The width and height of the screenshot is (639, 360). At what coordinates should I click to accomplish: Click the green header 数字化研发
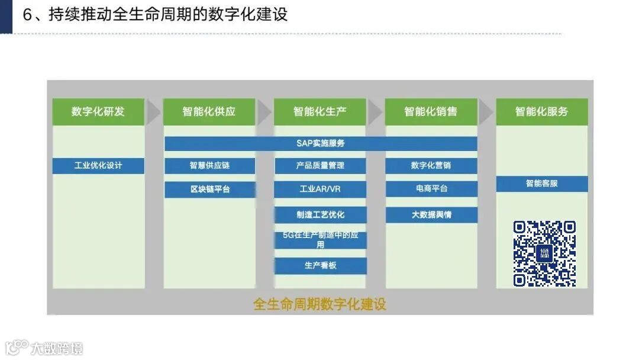coord(98,111)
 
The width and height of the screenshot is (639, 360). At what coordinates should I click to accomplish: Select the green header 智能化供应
coord(209,111)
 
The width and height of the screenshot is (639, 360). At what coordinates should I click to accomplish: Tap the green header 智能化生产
coord(320,111)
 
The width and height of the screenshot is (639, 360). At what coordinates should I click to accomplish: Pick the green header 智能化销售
coord(431,111)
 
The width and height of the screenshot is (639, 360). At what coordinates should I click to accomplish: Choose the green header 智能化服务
coord(541,111)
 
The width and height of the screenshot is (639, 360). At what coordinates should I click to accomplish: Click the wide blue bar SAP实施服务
coord(321,143)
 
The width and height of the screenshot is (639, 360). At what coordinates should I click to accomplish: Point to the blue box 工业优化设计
coord(98,165)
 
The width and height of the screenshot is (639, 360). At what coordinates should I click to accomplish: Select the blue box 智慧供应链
coord(209,165)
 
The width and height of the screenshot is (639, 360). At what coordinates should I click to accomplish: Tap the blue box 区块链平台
coord(209,189)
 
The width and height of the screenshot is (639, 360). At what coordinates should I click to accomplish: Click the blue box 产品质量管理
coord(320,165)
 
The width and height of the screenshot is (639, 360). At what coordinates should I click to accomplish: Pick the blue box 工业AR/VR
coord(320,189)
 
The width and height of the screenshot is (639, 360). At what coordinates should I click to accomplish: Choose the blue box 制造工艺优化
coord(320,214)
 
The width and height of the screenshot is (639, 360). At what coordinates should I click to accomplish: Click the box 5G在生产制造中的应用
coord(320,240)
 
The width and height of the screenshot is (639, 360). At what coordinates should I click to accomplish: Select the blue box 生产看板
coord(320,265)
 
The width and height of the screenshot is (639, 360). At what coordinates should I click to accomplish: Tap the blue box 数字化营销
coord(431,165)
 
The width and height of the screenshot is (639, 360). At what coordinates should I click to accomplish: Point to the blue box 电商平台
coord(431,189)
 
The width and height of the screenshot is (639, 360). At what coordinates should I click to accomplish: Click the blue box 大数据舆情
coord(431,214)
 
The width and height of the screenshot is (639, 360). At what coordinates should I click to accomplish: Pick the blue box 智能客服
coord(541,184)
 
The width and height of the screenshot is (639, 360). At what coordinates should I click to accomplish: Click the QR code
coord(544,253)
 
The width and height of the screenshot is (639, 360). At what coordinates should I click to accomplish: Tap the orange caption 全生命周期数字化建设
coord(319,304)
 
